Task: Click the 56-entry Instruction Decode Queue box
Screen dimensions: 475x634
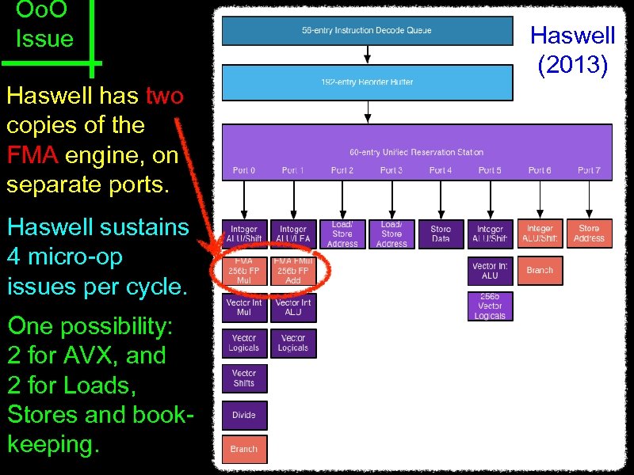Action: click(367, 31)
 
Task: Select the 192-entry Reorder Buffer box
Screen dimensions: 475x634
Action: click(367, 82)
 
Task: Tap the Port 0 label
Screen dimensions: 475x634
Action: click(244, 170)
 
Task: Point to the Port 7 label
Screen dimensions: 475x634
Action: click(589, 170)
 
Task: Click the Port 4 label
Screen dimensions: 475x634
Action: click(441, 170)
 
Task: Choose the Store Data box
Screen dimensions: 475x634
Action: click(441, 234)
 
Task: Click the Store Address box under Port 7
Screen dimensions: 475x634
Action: click(589, 234)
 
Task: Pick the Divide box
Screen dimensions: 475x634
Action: click(244, 415)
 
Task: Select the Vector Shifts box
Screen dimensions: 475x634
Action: click(244, 378)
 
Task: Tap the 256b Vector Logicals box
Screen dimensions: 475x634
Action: click(490, 306)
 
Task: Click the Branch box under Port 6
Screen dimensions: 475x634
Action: click(540, 270)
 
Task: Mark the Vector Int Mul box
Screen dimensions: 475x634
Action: click(244, 307)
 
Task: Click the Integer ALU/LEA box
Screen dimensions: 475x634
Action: click(293, 234)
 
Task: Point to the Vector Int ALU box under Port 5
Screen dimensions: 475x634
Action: click(490, 270)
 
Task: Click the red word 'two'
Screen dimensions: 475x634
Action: click(165, 97)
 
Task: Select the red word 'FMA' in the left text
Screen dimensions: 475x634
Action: click(32, 155)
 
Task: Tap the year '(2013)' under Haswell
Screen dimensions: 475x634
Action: click(573, 65)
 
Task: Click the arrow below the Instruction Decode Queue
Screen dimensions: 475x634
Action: click(367, 54)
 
